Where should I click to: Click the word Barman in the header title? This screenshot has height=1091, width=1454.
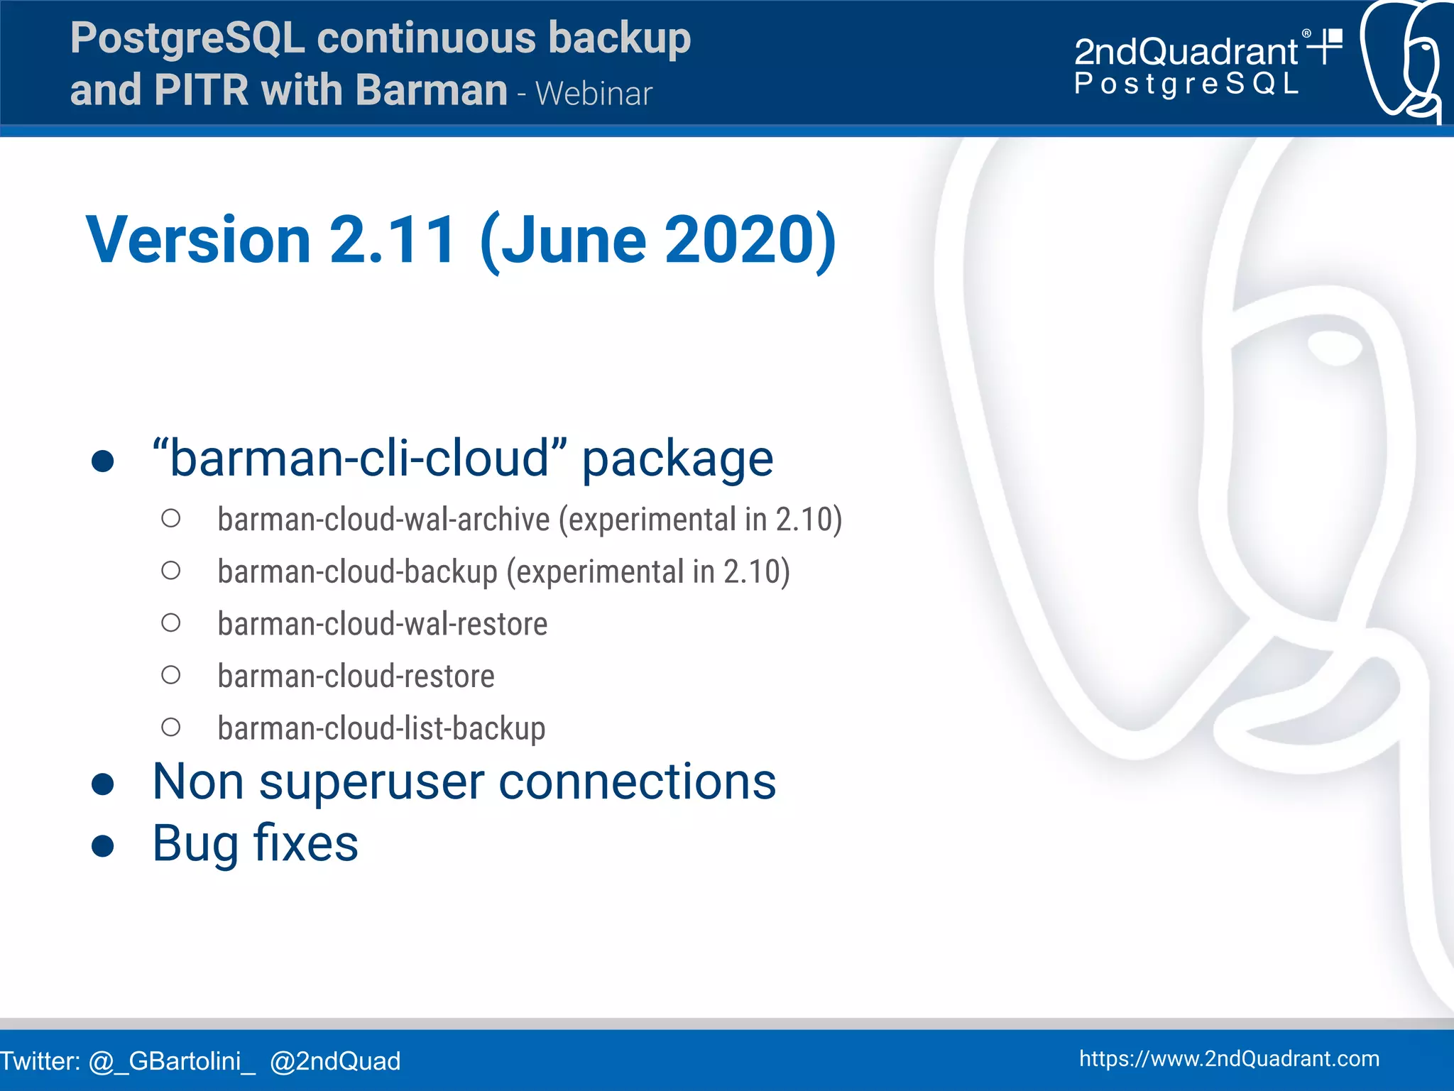pyautogui.click(x=431, y=90)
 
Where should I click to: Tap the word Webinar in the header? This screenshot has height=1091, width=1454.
pyautogui.click(x=594, y=94)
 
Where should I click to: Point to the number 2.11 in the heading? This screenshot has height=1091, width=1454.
pyautogui.click(x=393, y=239)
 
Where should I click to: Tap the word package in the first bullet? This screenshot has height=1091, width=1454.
pyautogui.click(x=677, y=459)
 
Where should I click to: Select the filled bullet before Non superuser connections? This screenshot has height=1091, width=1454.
pyautogui.click(x=103, y=784)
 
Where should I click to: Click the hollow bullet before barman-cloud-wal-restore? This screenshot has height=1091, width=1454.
pyautogui.click(x=170, y=623)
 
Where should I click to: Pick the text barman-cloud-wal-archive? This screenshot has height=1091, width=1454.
pyautogui.click(x=383, y=520)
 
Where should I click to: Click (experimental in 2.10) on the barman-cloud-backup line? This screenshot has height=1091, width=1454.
pyautogui.click(x=647, y=572)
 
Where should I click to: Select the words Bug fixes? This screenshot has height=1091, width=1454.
pyautogui.click(x=255, y=844)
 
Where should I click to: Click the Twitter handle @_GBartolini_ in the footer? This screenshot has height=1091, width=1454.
pyautogui.click(x=171, y=1061)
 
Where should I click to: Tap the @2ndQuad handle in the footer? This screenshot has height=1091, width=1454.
pyautogui.click(x=335, y=1061)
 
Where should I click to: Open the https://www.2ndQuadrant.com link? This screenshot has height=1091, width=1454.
pyautogui.click(x=1229, y=1059)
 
